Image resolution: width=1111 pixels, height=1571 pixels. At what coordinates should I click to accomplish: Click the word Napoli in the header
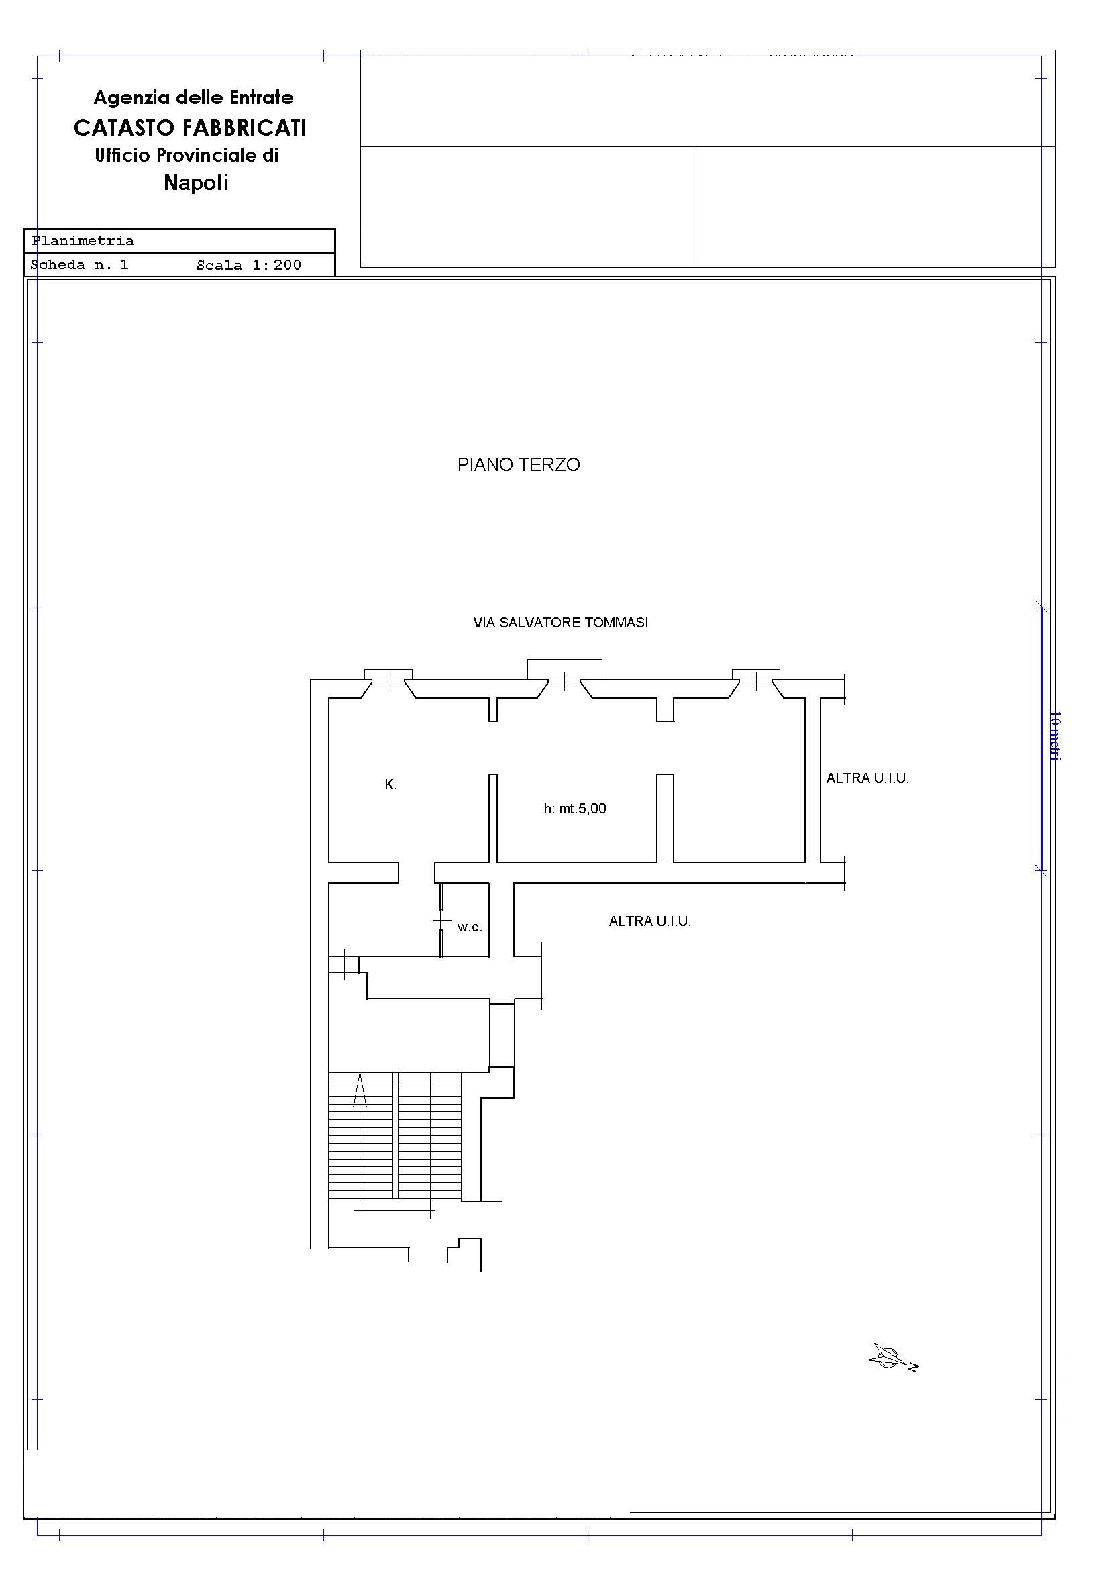click(196, 183)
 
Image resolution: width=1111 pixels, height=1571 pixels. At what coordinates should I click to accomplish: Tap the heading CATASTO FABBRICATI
click(190, 128)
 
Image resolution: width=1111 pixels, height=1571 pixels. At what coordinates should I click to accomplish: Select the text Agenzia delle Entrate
click(194, 97)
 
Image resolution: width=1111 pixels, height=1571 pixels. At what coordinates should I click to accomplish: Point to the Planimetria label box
click(179, 241)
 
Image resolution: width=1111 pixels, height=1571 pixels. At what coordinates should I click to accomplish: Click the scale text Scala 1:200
click(249, 266)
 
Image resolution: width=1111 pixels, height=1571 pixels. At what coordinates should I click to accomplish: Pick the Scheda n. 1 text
click(79, 265)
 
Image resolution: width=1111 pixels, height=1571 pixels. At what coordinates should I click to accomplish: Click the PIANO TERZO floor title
click(519, 464)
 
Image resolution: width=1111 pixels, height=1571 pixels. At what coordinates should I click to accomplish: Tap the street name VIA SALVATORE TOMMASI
click(561, 623)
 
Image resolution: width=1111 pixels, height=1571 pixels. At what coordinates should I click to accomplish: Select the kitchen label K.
click(391, 784)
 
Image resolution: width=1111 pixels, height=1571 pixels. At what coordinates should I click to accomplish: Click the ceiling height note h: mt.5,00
click(576, 808)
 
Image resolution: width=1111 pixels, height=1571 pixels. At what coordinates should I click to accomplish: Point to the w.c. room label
click(470, 928)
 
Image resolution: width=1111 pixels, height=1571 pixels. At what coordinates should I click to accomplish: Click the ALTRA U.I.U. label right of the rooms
click(867, 778)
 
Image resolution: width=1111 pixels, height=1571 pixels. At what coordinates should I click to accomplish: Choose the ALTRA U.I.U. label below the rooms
click(650, 921)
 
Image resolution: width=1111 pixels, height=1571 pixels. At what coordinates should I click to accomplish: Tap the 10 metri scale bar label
click(1054, 736)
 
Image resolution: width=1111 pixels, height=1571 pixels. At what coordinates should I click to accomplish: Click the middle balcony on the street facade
click(564, 669)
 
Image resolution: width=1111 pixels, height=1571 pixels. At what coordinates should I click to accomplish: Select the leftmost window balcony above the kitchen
click(388, 674)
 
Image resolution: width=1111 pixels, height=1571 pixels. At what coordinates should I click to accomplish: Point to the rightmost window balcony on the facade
click(756, 674)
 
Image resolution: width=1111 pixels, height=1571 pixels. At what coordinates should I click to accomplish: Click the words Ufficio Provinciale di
click(187, 155)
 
